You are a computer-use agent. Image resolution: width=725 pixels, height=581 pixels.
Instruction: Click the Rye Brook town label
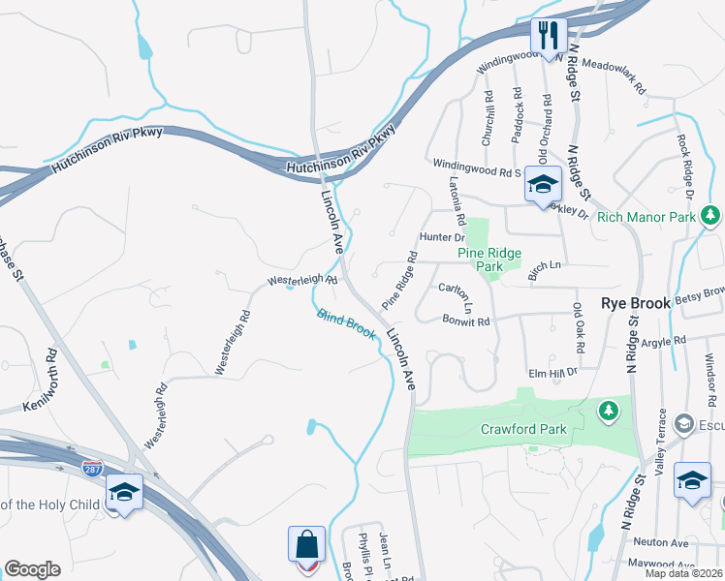(x=636, y=303)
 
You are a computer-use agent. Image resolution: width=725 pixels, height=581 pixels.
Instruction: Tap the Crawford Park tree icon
(x=609, y=412)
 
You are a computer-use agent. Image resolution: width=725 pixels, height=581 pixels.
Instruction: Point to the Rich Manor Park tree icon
(x=710, y=215)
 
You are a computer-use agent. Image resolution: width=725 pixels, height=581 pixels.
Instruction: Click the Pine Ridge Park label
(x=489, y=260)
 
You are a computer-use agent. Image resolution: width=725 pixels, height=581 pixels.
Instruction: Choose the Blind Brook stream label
(x=346, y=324)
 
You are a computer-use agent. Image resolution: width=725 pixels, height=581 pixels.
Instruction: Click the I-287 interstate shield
(x=92, y=469)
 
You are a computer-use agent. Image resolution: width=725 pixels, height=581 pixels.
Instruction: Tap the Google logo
(x=32, y=569)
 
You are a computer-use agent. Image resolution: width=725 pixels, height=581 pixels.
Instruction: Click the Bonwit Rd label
(x=466, y=320)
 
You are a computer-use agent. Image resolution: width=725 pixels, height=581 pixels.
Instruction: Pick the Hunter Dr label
(x=442, y=236)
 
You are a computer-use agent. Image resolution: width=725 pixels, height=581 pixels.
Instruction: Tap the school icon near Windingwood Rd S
(x=543, y=183)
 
